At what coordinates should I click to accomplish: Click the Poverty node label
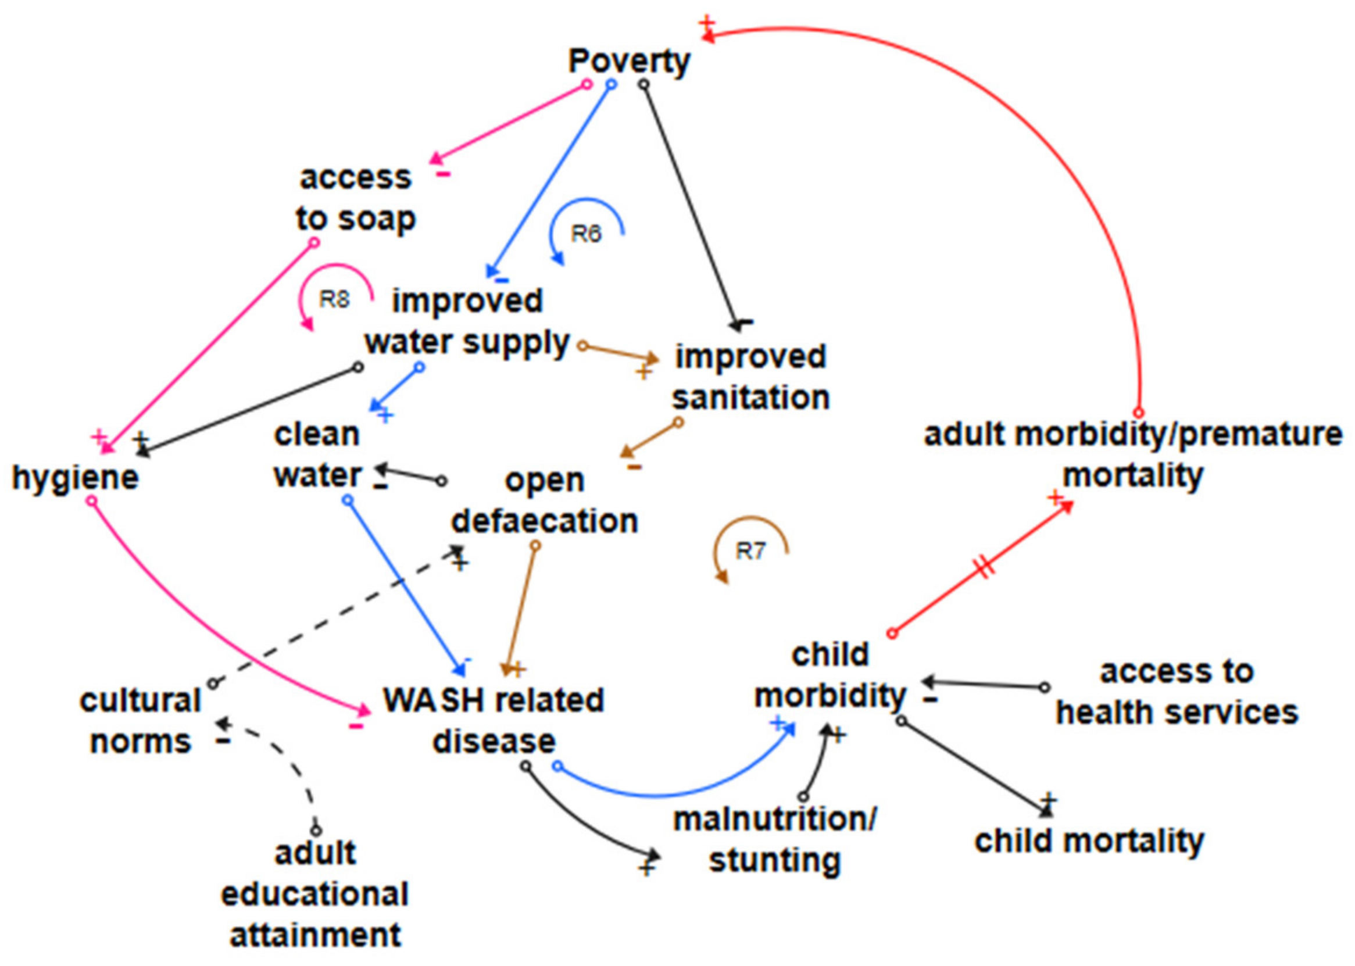[629, 60]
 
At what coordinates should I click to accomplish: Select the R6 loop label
[586, 234]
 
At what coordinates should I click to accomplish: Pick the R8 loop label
[334, 299]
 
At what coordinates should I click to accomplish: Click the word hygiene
[76, 477]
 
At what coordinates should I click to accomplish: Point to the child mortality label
[1089, 840]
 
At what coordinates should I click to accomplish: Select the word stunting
[774, 860]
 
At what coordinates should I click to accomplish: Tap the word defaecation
[544, 521]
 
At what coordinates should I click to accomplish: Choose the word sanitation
[750, 398]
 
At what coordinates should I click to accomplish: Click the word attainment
[315, 935]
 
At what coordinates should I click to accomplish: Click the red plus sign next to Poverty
[706, 24]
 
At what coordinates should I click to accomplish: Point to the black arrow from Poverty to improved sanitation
[690, 202]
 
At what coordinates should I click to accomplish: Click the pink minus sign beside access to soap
[444, 174]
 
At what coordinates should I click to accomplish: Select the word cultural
[140, 701]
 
